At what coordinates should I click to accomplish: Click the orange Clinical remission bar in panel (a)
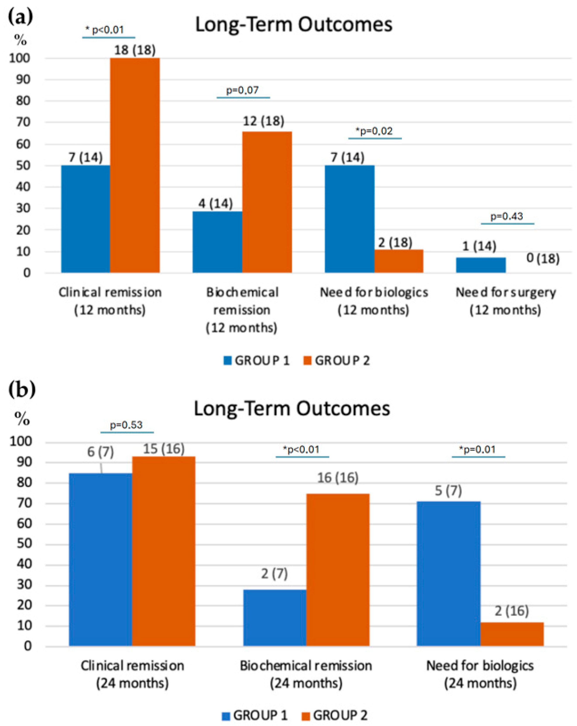click(135, 165)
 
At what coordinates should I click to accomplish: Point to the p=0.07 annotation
click(242, 90)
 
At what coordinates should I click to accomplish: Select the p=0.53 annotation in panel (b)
click(126, 425)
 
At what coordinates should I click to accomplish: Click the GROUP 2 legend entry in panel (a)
click(336, 361)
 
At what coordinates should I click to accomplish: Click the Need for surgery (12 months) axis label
click(505, 301)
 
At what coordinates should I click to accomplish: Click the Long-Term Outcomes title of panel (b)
click(292, 409)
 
